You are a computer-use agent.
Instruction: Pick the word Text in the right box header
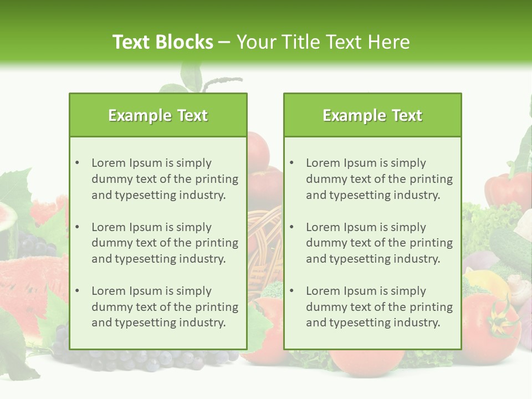coord(407,115)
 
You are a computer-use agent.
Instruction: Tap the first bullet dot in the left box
coord(78,163)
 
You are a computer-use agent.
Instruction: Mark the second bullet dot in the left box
coord(78,227)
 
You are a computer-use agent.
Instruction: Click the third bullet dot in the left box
coord(78,291)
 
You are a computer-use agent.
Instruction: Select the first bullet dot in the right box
coord(292,163)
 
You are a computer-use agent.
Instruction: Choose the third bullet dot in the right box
coord(292,291)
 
